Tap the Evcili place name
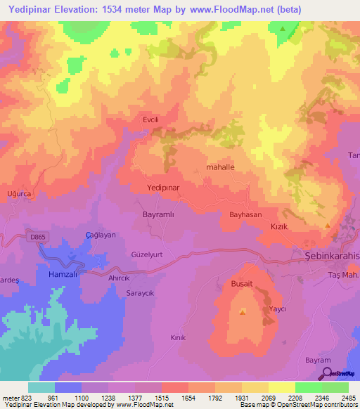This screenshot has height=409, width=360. pyautogui.click(x=152, y=120)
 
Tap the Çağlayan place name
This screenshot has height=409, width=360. pyautogui.click(x=100, y=235)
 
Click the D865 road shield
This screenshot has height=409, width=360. pyautogui.click(x=39, y=238)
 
